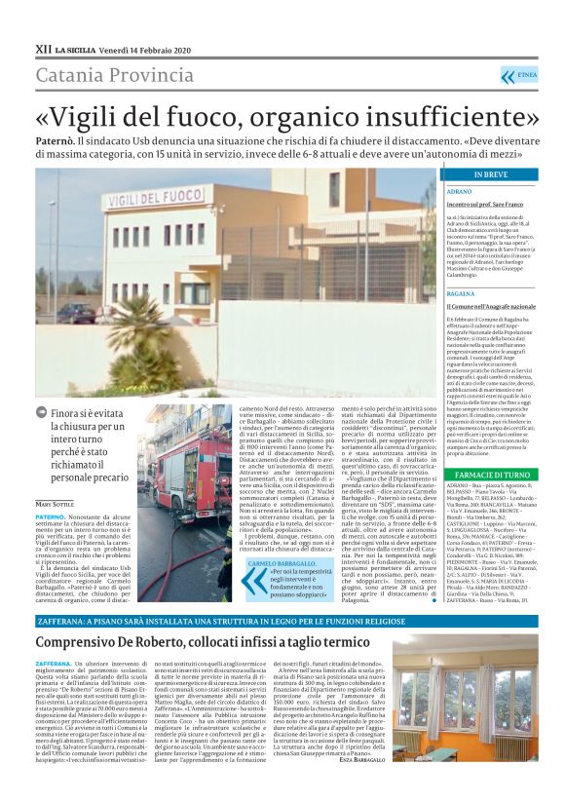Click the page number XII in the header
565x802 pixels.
(x=43, y=47)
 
